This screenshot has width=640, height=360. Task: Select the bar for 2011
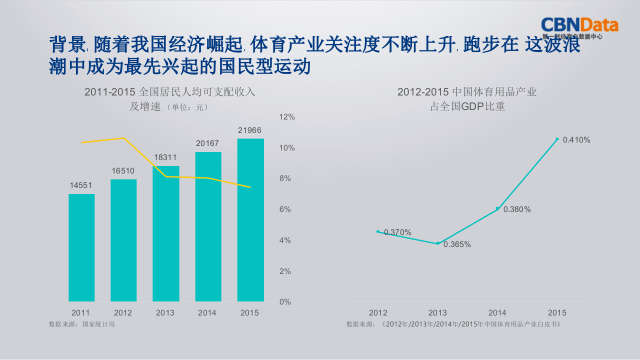click(x=81, y=247)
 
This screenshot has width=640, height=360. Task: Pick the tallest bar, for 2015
click(x=250, y=220)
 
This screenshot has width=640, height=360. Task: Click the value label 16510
click(x=123, y=171)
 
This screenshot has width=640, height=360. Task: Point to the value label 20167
click(x=207, y=143)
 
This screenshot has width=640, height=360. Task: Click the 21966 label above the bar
click(x=249, y=130)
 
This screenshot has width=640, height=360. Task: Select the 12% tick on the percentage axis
click(x=287, y=117)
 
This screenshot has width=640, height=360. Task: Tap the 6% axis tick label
click(x=284, y=209)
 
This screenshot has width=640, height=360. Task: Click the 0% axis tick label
click(x=284, y=302)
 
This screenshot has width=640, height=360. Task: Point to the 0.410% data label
click(x=576, y=140)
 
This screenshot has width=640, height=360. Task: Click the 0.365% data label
click(x=457, y=244)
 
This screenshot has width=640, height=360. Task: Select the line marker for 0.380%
click(x=497, y=208)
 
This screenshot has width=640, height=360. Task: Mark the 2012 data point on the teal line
click(x=378, y=231)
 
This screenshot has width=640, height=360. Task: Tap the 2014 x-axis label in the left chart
click(x=207, y=313)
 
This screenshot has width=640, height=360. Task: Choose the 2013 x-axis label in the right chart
click(x=437, y=313)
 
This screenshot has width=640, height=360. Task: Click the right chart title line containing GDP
click(x=467, y=106)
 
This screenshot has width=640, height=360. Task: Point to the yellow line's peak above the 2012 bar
click(x=124, y=138)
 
